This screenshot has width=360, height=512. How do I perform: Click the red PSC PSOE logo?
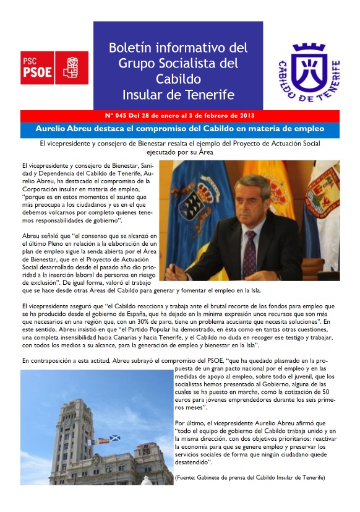54,67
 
